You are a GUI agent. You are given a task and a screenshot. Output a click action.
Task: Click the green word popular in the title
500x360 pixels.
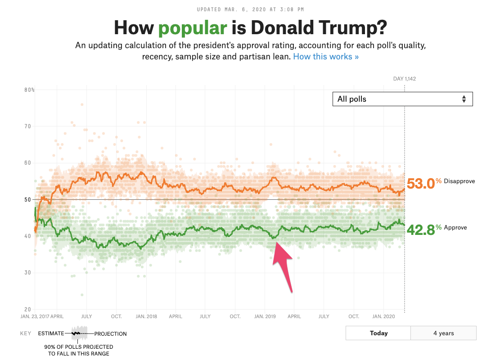193,28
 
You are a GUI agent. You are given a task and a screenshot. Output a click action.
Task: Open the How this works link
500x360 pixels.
326,57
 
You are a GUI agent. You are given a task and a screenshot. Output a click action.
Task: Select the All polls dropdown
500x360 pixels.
402,99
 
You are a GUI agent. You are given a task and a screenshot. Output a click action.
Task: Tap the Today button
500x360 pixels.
378,333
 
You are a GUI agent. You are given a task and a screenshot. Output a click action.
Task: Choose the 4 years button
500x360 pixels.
443,333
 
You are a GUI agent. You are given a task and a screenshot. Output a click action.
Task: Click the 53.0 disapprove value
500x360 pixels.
421,184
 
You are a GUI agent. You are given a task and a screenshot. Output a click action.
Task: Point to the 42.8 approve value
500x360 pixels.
421,229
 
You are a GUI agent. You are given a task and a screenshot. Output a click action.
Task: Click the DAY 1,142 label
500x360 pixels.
404,79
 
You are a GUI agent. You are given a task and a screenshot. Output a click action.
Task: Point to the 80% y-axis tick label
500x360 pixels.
29,90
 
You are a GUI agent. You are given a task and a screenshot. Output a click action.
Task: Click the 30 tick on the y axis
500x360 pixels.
27,273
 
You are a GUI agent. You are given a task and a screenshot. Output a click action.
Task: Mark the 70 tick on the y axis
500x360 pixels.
27,126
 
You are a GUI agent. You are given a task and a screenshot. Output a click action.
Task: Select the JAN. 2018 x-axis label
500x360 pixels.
146,316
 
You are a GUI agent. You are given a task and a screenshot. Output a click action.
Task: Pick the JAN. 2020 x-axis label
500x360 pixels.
383,316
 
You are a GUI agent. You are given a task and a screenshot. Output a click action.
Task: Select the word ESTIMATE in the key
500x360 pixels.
51,334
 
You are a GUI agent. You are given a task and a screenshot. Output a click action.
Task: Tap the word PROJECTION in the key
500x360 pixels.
110,334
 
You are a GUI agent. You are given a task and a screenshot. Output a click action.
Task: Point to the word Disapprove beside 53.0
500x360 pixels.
459,181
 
